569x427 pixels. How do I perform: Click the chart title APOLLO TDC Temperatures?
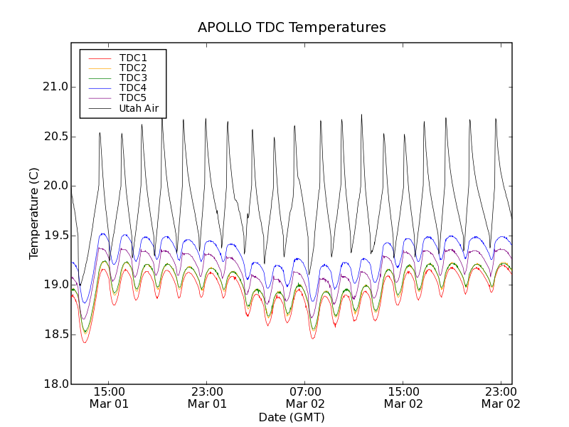(292, 28)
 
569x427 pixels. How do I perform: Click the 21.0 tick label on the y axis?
(54, 87)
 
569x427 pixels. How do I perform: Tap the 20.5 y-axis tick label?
(54, 137)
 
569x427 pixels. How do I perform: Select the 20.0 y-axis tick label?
(54, 186)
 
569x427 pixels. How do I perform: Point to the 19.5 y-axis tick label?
(54, 236)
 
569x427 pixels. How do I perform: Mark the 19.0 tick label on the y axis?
(54, 285)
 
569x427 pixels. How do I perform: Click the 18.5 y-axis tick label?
(54, 334)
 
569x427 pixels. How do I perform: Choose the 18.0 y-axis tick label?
(54, 384)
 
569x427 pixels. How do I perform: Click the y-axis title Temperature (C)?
(34, 213)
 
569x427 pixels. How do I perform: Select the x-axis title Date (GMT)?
(292, 417)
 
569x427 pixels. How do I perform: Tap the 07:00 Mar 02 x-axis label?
(305, 397)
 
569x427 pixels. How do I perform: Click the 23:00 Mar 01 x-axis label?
(207, 397)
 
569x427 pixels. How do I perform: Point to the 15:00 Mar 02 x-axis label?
(403, 397)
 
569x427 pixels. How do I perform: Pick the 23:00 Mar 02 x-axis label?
(501, 397)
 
